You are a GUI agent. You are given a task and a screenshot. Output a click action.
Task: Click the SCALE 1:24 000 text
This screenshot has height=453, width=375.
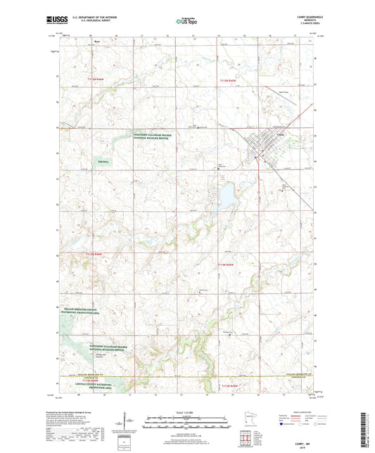[186, 411]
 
